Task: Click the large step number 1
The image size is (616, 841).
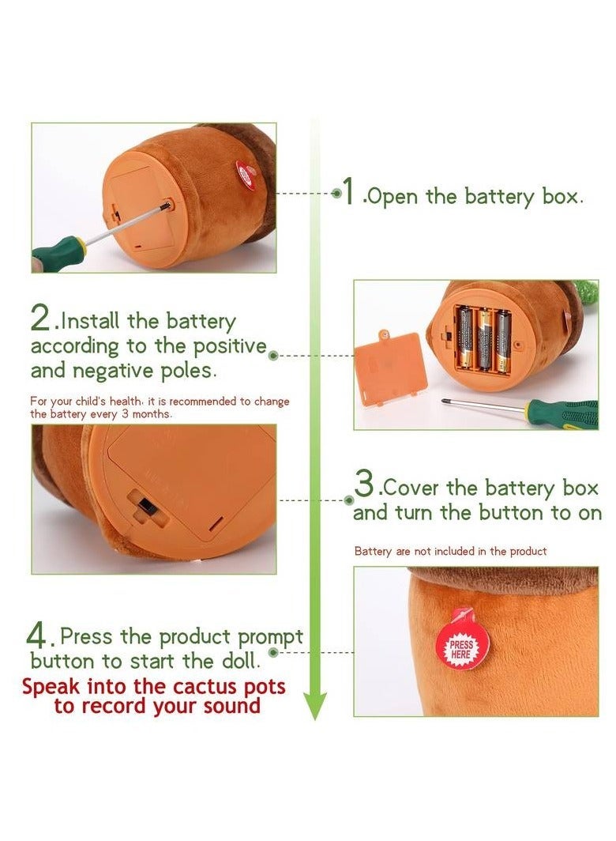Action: [349, 191]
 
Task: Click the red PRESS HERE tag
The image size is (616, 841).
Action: [461, 642]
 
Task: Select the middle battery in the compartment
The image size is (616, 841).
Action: [485, 340]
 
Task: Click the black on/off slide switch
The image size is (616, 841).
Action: [145, 505]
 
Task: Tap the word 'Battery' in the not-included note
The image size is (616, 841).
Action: [373, 552]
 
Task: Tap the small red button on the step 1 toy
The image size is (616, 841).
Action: [247, 173]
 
